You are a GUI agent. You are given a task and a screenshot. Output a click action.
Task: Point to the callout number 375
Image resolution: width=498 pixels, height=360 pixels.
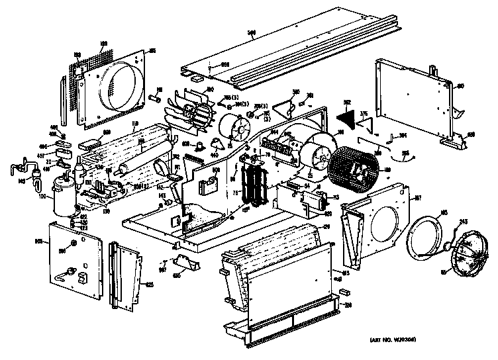(x=363, y=113)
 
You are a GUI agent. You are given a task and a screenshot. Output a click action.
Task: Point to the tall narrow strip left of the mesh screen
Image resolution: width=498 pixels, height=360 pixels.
(x=63, y=99)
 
